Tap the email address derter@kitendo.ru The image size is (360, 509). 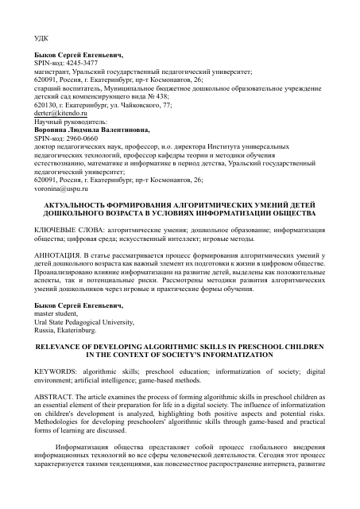tap(56, 114)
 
